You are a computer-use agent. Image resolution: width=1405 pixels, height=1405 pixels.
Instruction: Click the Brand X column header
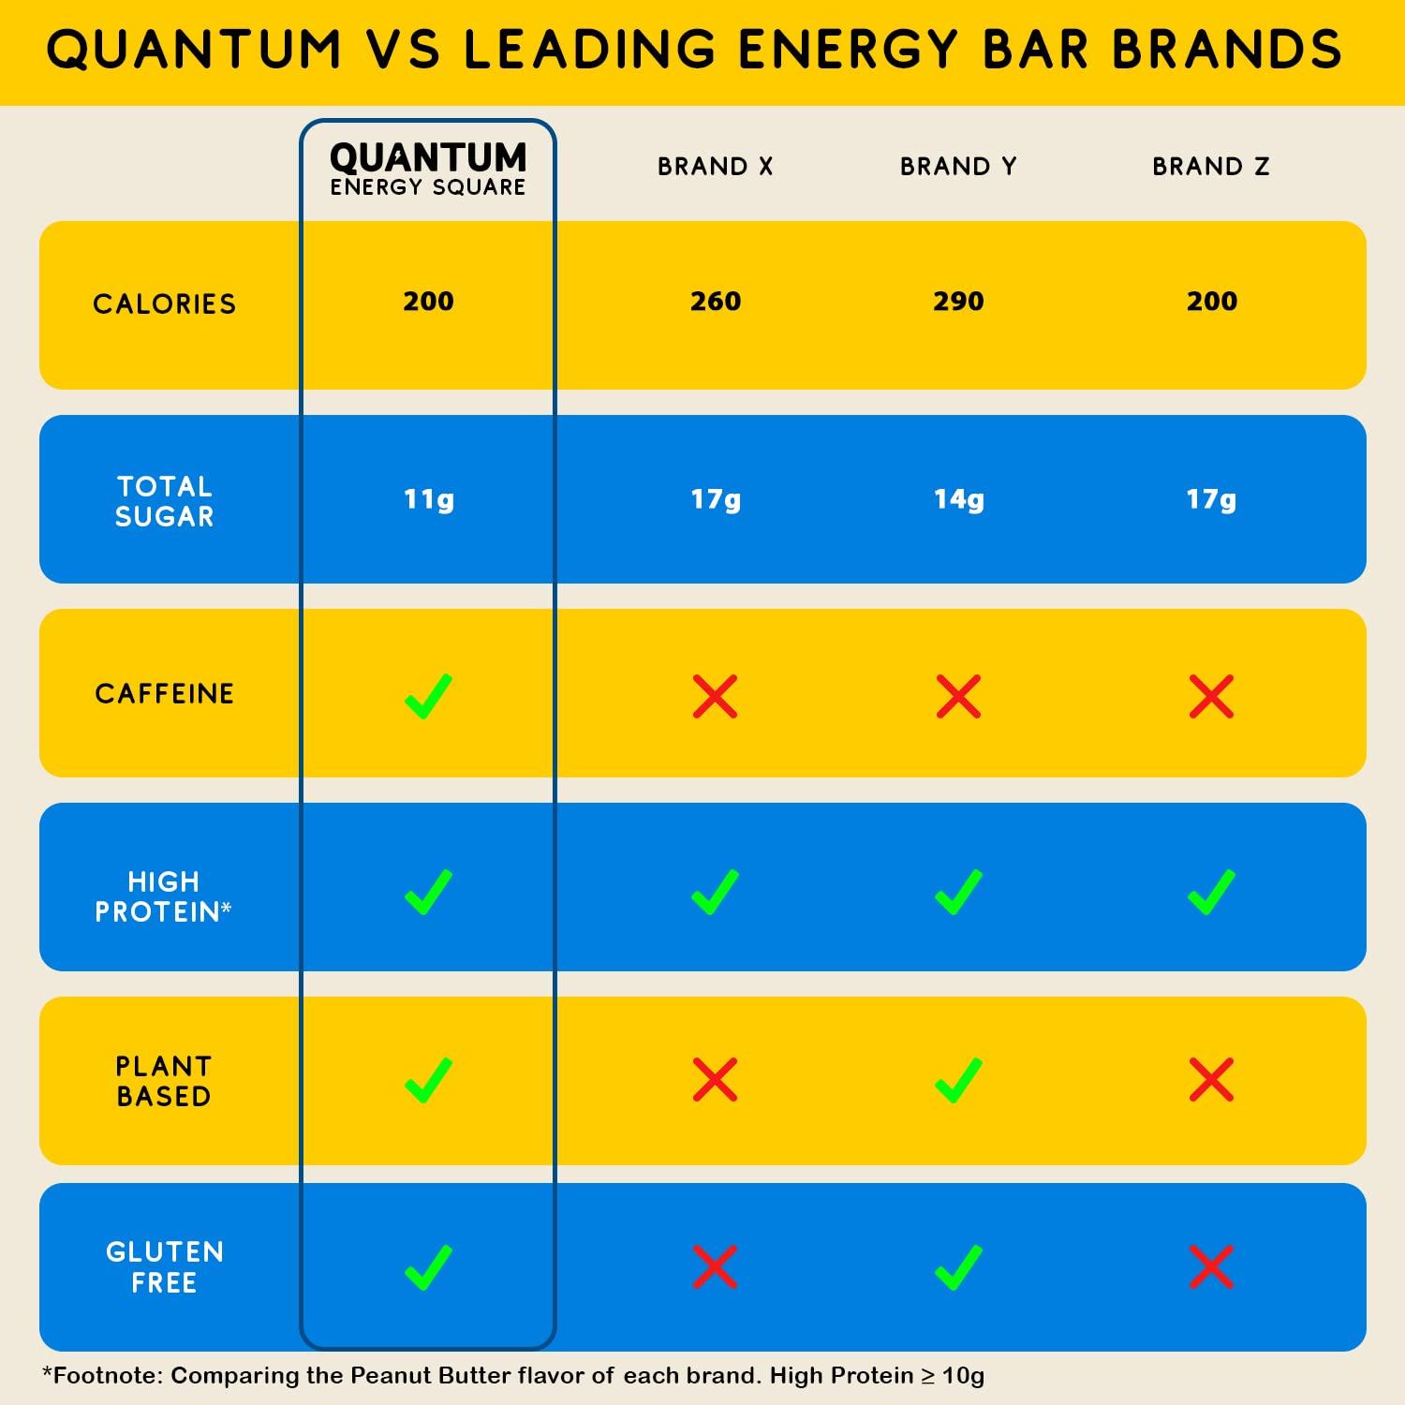pos(715,167)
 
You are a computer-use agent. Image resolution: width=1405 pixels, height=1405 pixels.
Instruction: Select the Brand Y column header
pos(957,167)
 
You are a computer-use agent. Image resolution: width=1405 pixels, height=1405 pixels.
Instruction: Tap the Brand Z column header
pos(1210,167)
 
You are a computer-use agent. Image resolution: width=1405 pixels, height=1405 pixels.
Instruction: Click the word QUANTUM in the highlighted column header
pos(428,157)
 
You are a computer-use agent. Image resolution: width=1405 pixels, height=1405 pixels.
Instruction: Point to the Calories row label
pos(165,304)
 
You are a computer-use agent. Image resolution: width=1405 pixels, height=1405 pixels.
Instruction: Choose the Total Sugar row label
pos(165,501)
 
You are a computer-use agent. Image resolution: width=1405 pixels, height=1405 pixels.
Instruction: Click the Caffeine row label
pos(165,694)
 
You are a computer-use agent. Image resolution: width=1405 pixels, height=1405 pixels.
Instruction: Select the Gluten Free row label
pos(165,1267)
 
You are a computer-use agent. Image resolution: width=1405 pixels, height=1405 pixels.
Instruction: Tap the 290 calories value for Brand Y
pos(958,302)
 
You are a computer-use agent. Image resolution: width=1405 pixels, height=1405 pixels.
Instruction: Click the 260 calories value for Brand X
pos(716,302)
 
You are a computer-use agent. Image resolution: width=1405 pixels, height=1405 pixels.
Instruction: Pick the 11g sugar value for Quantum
pos(429,499)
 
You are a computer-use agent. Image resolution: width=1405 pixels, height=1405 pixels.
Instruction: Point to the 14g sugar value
pos(958,499)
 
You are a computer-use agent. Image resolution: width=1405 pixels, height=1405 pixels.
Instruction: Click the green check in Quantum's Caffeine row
pos(428,697)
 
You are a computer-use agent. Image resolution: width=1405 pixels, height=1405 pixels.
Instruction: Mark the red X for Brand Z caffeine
pos(1211,697)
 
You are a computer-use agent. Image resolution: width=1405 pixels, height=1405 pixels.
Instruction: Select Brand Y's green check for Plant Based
pos(958,1081)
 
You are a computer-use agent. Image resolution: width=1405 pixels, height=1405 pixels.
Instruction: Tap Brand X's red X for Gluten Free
pos(716,1267)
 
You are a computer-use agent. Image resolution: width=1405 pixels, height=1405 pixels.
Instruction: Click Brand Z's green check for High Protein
pos(1211,892)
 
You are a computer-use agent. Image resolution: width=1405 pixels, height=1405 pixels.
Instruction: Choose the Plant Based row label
pos(165,1081)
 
